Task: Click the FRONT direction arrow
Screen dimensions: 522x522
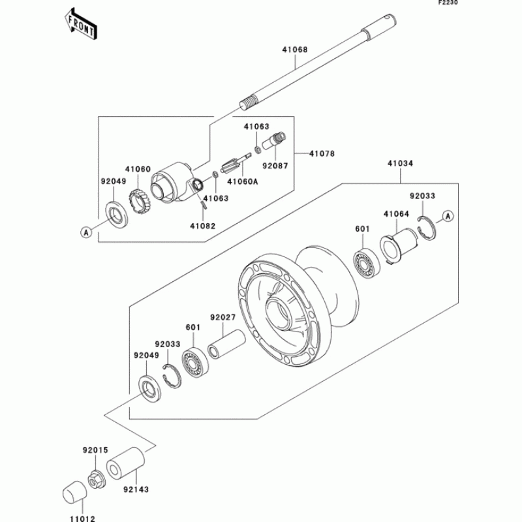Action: [80, 24]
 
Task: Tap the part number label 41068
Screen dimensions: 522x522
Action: [295, 50]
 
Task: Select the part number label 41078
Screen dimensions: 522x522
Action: [322, 154]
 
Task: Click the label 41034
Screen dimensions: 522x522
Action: [400, 164]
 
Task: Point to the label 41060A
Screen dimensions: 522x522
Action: [242, 181]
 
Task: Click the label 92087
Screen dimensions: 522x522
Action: [275, 166]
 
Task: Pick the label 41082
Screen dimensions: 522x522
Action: [203, 226]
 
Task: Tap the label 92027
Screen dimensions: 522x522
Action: [223, 318]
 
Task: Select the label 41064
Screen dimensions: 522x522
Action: [396, 214]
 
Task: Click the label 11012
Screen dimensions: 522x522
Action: [83, 518]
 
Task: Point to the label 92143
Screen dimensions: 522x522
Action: [136, 490]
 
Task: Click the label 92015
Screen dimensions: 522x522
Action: [95, 450]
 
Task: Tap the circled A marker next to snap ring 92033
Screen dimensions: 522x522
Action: [448, 217]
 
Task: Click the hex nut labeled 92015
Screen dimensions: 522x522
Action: [97, 480]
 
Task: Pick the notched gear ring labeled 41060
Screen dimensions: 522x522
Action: [139, 201]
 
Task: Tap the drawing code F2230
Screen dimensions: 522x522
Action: [448, 3]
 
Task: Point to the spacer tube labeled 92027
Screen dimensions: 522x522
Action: [226, 344]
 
